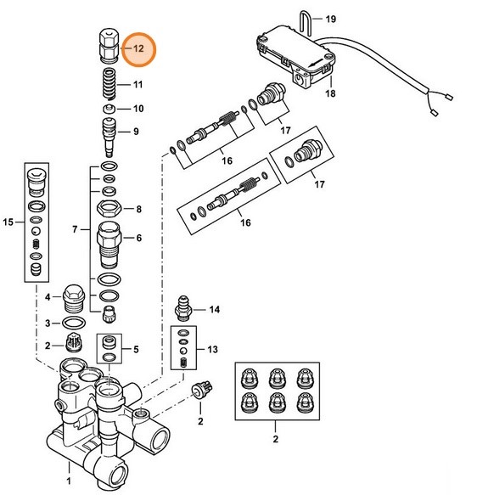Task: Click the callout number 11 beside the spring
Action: click(x=137, y=85)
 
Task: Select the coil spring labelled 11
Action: click(x=107, y=86)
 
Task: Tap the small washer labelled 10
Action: click(x=108, y=110)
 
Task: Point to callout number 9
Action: click(x=135, y=132)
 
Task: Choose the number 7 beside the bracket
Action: click(x=74, y=230)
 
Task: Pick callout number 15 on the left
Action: click(x=8, y=222)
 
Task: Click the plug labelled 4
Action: click(x=74, y=298)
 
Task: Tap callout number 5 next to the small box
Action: click(x=136, y=349)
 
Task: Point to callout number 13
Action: click(x=212, y=350)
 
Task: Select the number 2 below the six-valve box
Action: click(x=274, y=439)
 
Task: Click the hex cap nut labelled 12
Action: click(x=108, y=45)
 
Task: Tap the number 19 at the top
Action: click(x=330, y=19)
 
